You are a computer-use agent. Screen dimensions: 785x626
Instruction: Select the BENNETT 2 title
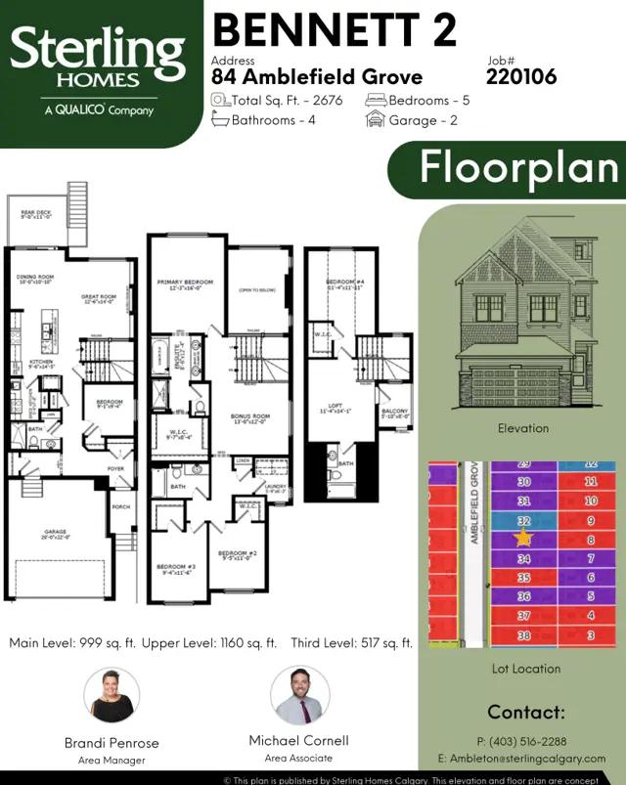point(335,30)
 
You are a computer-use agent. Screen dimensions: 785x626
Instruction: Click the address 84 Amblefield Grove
point(317,77)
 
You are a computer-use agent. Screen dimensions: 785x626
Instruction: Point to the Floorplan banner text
point(520,167)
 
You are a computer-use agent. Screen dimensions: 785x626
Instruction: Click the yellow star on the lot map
point(523,538)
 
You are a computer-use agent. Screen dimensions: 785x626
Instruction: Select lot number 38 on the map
point(524,635)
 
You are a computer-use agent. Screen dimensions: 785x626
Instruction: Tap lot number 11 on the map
point(591,482)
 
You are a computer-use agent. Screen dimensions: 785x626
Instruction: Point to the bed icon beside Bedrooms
point(376,101)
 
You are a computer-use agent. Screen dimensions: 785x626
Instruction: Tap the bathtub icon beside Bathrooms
point(221,120)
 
